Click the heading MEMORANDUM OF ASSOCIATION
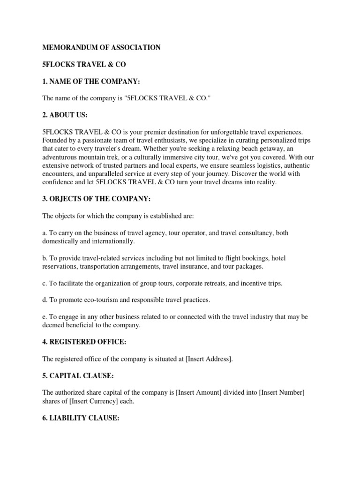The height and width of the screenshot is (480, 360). point(102,47)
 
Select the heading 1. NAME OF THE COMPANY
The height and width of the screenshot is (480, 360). point(91,82)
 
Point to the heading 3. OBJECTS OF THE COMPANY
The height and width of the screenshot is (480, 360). point(97,199)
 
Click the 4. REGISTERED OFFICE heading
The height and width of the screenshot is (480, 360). point(84,342)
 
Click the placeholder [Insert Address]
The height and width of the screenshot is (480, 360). point(209,359)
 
